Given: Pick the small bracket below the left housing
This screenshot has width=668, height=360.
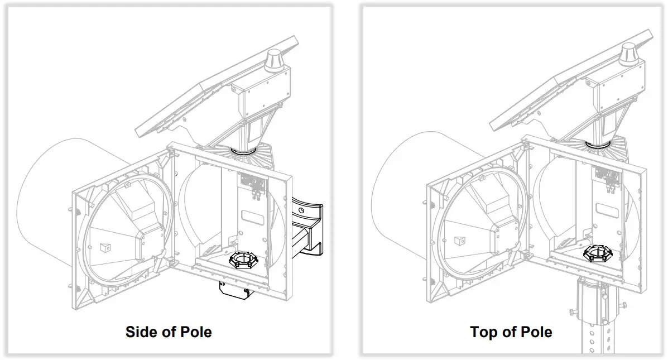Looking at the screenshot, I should point(233,290).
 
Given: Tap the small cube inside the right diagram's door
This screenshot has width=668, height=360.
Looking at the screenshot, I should point(459,241).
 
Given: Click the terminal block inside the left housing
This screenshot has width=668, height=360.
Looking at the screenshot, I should point(251,182).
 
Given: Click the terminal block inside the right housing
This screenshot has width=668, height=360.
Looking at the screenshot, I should point(607,176).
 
